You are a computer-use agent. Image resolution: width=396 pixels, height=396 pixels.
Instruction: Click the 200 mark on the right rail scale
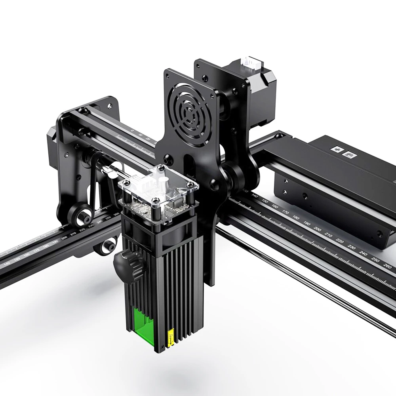point(317,229)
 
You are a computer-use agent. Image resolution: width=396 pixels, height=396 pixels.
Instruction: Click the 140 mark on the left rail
point(7,263)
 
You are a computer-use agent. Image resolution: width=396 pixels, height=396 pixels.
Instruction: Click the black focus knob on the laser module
point(123,263)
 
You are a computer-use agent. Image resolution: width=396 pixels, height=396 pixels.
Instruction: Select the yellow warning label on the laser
point(171,338)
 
